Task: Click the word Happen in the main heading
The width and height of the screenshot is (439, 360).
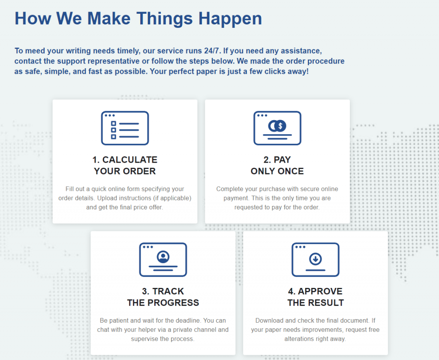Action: pos(230,19)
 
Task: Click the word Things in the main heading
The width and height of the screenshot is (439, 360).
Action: pos(165,19)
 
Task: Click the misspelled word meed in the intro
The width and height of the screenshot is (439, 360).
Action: pos(35,51)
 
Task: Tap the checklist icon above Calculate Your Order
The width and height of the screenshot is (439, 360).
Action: pos(125,128)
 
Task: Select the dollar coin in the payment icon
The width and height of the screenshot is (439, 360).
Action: pos(280,126)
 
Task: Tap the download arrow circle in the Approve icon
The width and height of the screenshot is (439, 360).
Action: pos(316,259)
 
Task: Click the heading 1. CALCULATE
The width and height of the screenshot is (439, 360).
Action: pos(125,160)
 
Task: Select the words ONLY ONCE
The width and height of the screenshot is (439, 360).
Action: pos(277,171)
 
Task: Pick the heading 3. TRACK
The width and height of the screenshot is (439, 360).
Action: pos(163,291)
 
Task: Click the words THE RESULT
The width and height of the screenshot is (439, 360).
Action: pos(316,303)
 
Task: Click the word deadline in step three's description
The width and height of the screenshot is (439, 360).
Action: pos(188,321)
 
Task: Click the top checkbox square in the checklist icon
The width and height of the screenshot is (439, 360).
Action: pos(113,124)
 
